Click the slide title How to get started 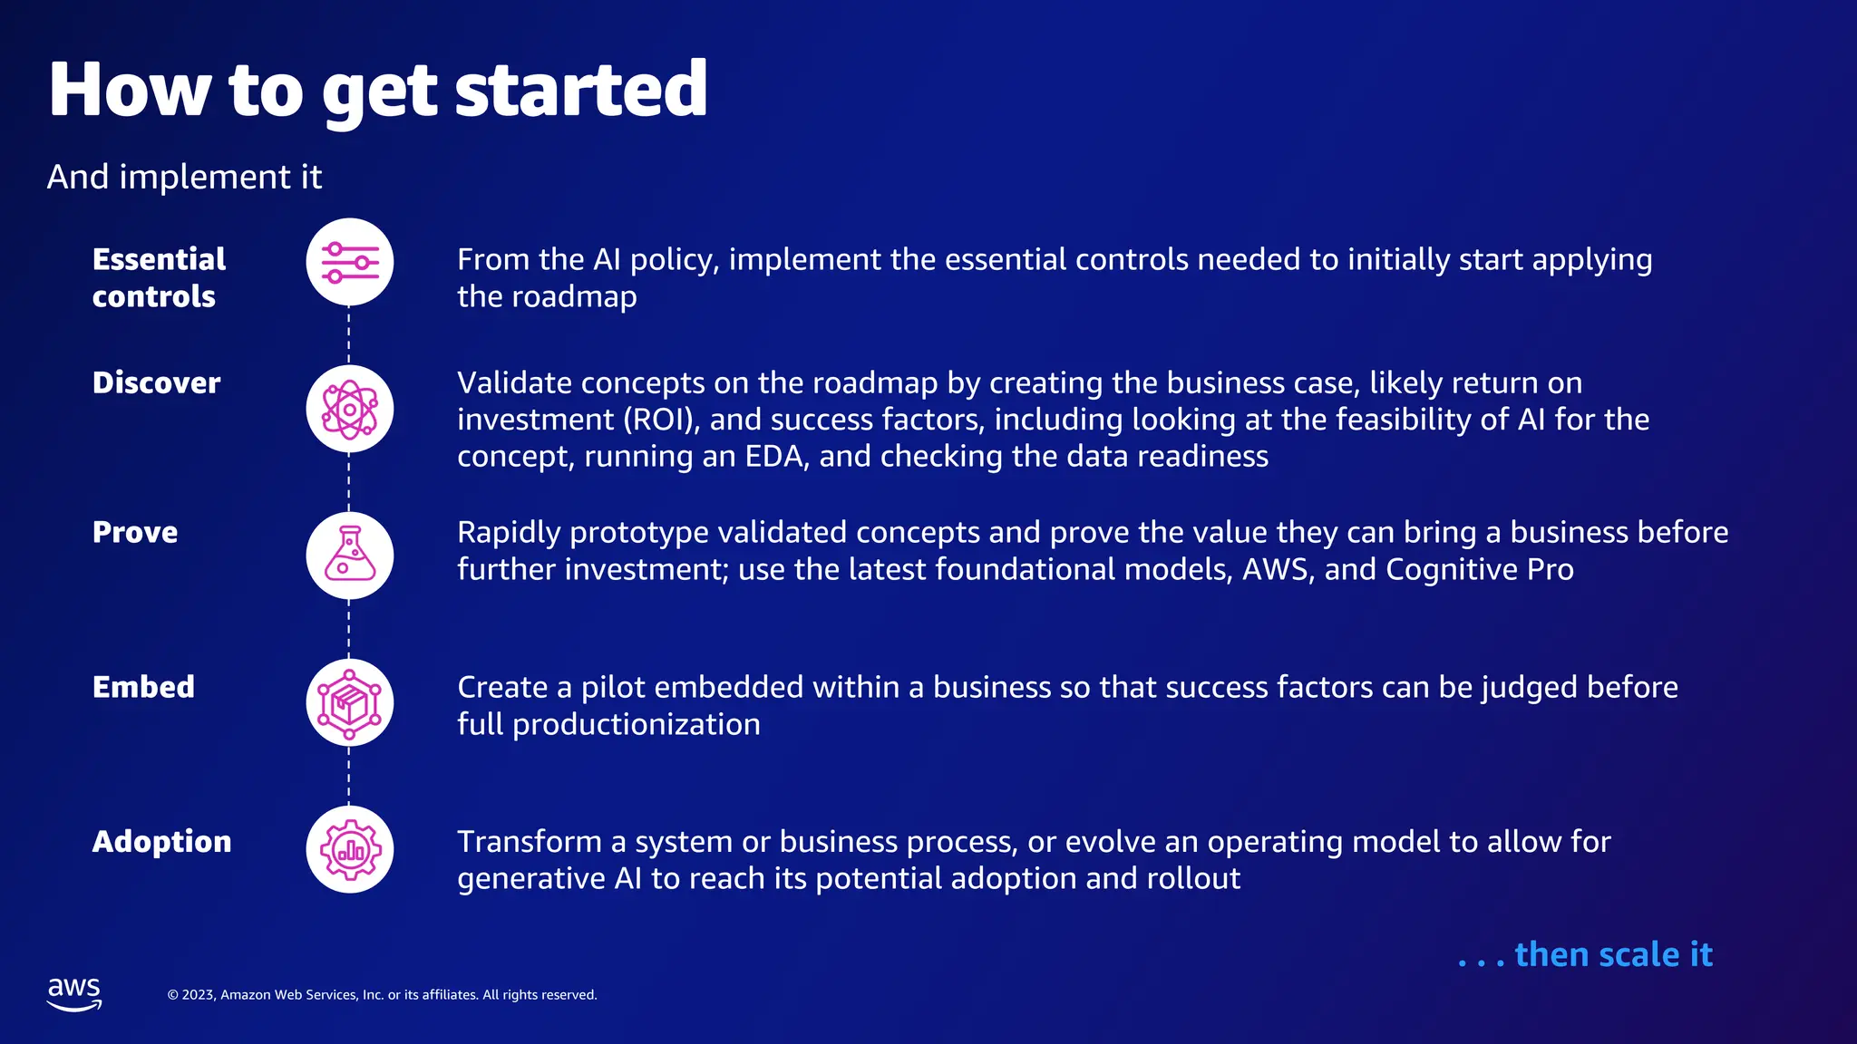377,90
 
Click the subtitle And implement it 184,177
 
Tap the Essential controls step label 159,277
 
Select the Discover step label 156,382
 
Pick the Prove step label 135,532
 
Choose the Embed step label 143,687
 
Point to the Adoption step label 161,841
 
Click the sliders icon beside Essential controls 349,262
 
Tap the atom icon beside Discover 349,409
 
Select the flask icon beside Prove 349,556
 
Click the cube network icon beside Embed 349,702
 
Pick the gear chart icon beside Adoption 349,849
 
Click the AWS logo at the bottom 74,993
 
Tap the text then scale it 1585,954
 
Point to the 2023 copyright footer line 382,995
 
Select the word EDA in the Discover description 776,456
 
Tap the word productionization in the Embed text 636,724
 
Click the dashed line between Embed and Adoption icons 349,776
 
